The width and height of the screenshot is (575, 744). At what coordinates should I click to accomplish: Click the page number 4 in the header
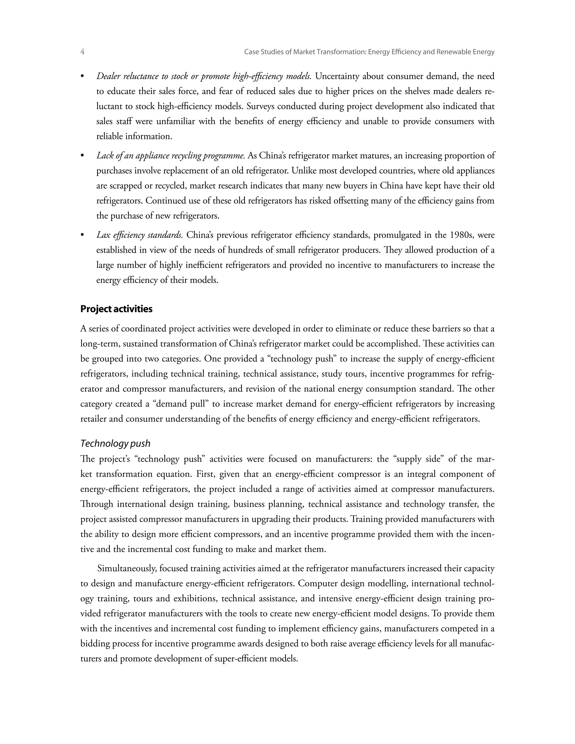[83, 52]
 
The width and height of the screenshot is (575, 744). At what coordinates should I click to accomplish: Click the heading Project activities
[116, 309]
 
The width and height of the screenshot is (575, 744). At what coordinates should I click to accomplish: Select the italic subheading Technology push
[115, 443]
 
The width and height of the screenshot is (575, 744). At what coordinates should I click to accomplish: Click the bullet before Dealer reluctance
[82, 76]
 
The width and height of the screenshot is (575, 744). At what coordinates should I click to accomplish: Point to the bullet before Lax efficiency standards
[82, 235]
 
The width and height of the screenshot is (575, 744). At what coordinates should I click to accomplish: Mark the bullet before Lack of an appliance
[82, 156]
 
